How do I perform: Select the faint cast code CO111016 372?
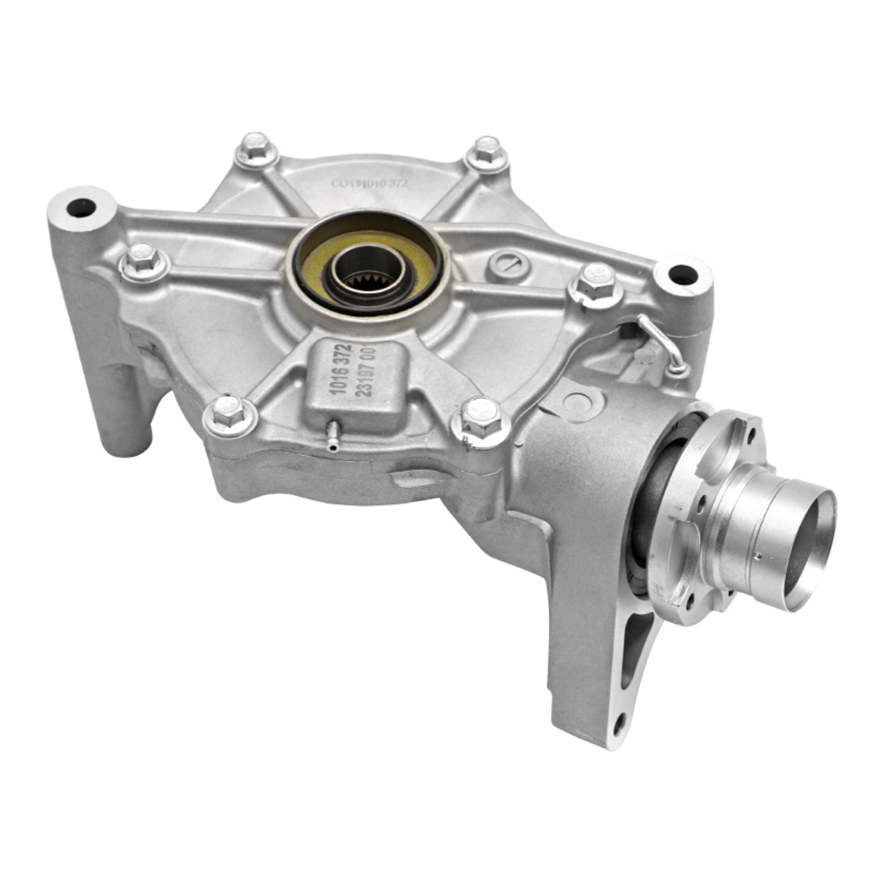click(370, 182)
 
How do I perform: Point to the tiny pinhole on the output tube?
click(760, 557)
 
